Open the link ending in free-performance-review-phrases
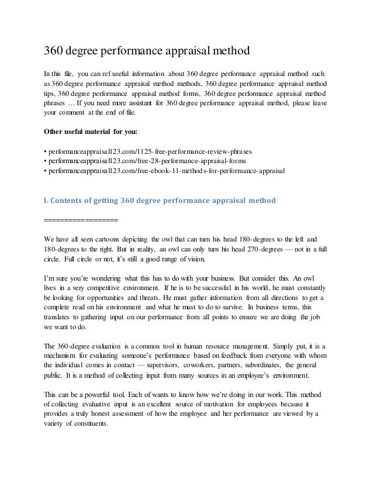tap(150, 151)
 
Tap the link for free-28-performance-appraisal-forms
tap(144, 161)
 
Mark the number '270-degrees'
tap(245, 249)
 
